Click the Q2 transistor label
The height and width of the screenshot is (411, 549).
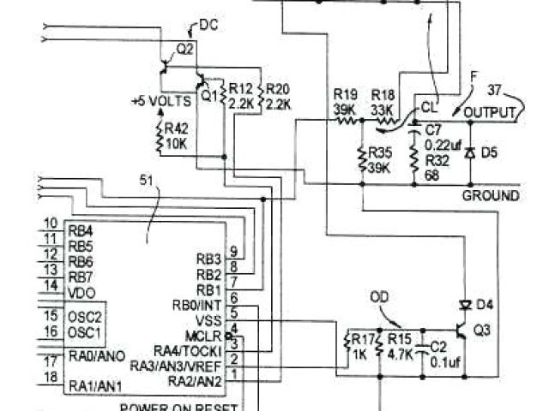pos(184,48)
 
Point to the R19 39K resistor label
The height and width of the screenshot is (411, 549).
pos(344,102)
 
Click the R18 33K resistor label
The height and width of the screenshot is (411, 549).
pos(382,102)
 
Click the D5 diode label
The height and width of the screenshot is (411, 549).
pos(488,152)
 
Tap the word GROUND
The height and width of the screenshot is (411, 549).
pos(491,195)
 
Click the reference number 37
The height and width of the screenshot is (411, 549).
pos(496,90)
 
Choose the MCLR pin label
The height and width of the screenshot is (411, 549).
pos(203,334)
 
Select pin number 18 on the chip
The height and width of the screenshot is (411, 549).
pos(50,377)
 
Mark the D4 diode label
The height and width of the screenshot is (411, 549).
pos(485,304)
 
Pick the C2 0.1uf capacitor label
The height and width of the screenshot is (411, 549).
pos(438,354)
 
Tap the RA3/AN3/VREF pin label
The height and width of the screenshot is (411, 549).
pos(176,366)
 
